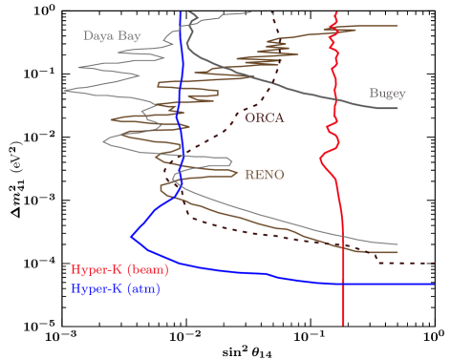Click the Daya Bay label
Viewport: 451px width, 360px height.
112,36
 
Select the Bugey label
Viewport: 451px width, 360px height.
387,94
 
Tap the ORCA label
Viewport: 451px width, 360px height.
265,118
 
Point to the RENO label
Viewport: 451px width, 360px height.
265,175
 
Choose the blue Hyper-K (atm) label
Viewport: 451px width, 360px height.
116,287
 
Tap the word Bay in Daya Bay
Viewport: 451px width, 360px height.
129,36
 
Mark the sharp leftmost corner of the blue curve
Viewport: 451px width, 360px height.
131,236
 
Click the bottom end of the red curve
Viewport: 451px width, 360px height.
343,325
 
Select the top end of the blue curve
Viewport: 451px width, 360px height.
182,11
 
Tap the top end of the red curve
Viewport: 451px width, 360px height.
337,11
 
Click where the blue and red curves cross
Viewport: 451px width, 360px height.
343,284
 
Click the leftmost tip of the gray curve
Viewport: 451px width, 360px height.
65,91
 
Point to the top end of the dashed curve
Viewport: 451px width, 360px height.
270,11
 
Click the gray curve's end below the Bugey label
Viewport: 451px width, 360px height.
397,108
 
